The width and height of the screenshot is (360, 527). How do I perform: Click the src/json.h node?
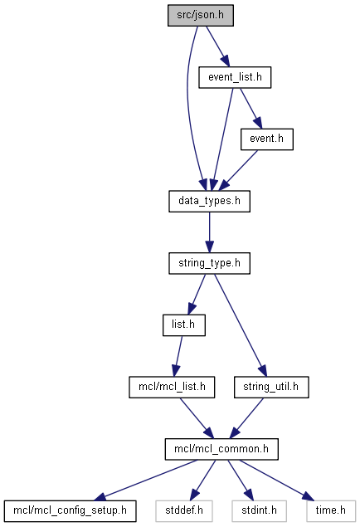[x=201, y=16]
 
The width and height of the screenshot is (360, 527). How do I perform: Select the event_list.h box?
[x=235, y=78]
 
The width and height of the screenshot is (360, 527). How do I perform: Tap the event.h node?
[x=267, y=139]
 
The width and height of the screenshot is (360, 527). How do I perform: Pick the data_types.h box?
[x=210, y=202]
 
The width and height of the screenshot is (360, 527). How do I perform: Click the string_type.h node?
[x=210, y=263]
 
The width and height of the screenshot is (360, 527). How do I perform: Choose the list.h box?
[x=184, y=325]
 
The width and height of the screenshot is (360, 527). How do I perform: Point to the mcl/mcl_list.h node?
[x=172, y=388]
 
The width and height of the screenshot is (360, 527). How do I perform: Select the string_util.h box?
[x=271, y=388]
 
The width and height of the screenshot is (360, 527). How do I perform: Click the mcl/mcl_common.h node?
[x=221, y=449]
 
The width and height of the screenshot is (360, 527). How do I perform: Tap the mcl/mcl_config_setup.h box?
[x=71, y=511]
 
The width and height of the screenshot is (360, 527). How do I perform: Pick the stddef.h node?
[x=184, y=511]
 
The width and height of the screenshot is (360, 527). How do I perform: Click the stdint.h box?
[x=259, y=511]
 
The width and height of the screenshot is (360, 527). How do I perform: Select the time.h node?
[x=331, y=511]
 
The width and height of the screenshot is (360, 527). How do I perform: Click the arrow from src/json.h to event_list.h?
[x=218, y=46]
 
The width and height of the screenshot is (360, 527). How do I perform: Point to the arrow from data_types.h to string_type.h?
[x=210, y=232]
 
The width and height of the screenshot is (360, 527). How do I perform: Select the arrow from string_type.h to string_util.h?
[x=241, y=325]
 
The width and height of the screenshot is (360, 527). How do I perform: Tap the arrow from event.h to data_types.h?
[x=238, y=170]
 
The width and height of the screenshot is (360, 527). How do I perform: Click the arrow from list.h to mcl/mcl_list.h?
[x=178, y=356]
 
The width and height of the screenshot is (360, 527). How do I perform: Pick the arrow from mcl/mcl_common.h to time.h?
[x=277, y=480]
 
